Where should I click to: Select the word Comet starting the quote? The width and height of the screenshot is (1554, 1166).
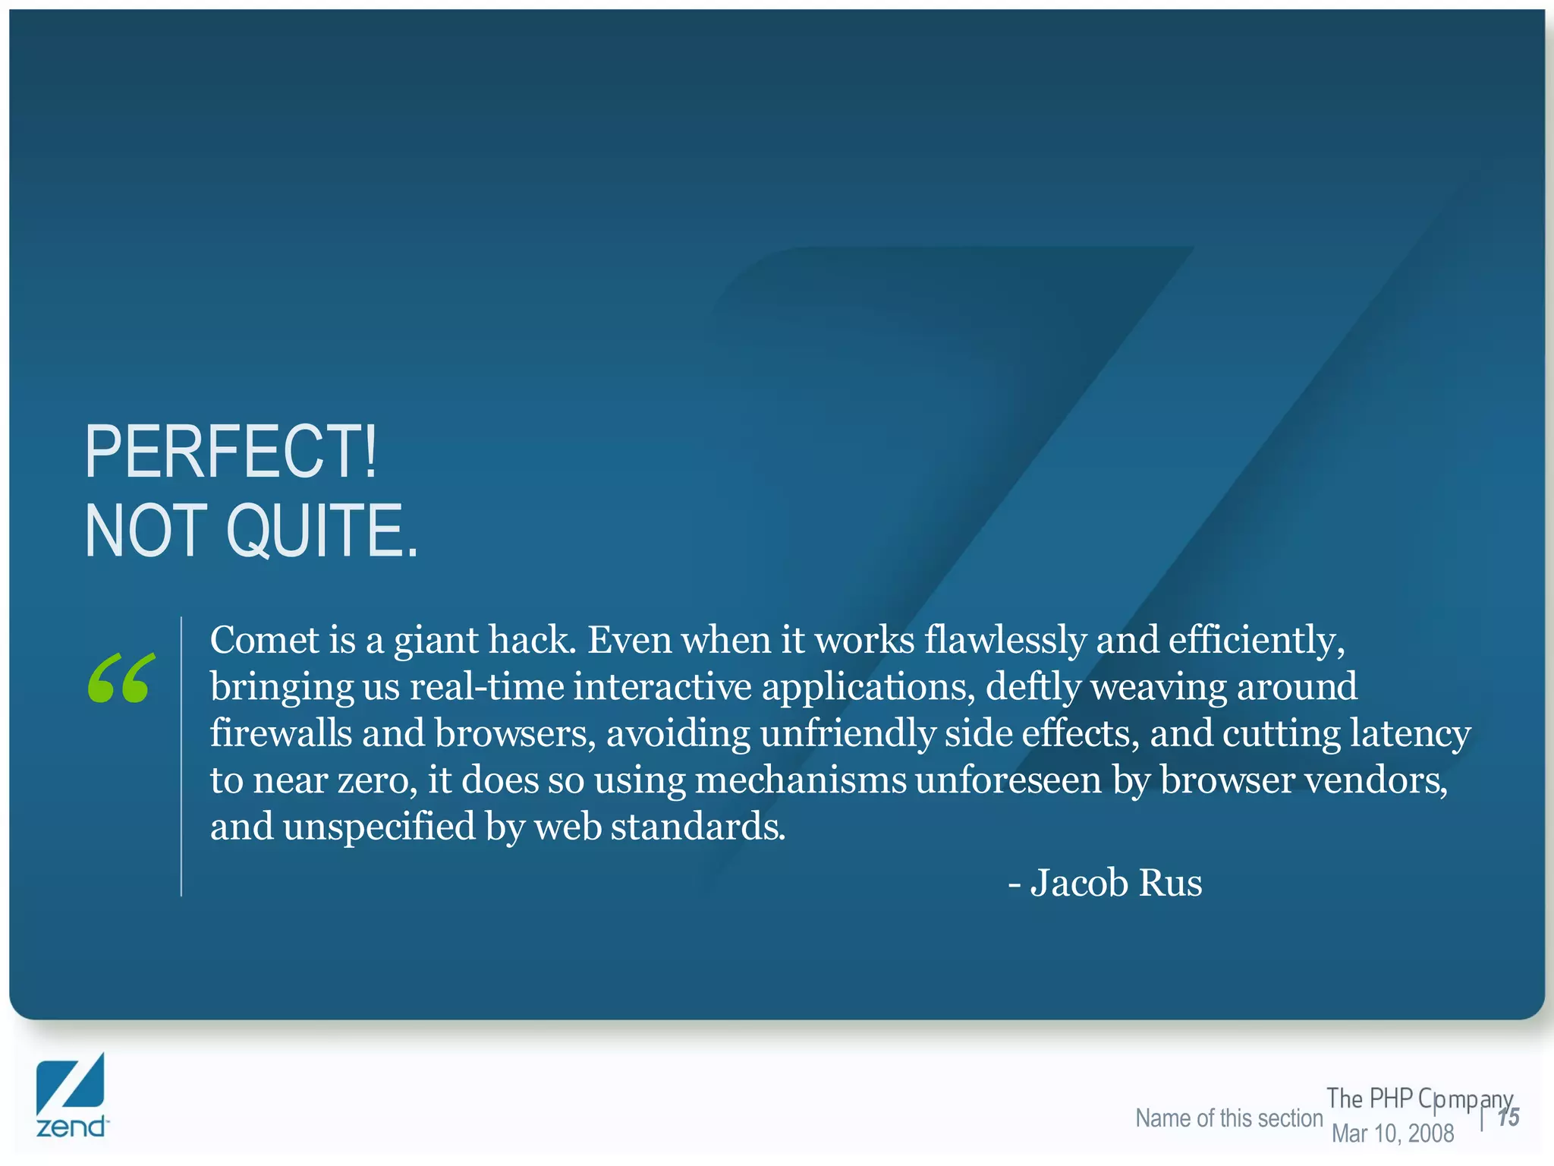point(264,640)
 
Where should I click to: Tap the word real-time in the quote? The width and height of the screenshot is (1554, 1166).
point(486,687)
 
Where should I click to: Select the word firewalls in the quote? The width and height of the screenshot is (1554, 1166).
point(280,733)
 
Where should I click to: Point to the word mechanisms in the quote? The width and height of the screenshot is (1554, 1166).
point(801,780)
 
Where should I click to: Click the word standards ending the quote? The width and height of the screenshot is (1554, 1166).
point(697,827)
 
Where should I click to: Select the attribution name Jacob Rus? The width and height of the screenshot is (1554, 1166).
point(1115,883)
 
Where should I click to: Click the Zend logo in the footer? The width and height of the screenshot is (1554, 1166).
point(71,1095)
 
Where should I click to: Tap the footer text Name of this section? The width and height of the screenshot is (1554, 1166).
point(1228,1118)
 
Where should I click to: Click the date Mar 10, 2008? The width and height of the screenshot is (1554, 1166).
point(1392,1133)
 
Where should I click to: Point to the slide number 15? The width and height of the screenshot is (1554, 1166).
point(1508,1117)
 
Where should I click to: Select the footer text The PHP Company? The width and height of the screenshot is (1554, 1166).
point(1419,1098)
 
